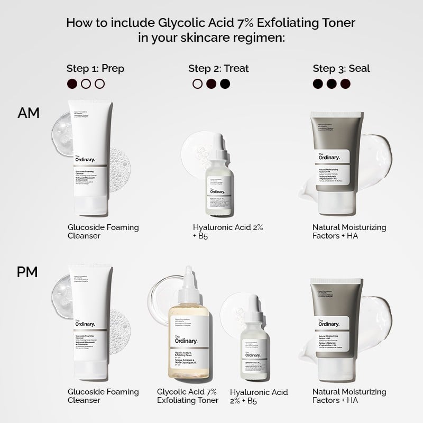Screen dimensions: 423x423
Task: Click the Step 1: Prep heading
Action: pyautogui.click(x=95, y=68)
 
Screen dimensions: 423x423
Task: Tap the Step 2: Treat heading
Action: pyautogui.click(x=218, y=68)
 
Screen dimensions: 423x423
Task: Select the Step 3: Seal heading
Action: pyautogui.click(x=341, y=68)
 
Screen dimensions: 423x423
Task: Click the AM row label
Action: pyautogui.click(x=29, y=113)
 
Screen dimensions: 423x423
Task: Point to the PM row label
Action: pyautogui.click(x=29, y=273)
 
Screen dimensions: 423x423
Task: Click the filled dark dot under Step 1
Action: pyautogui.click(x=72, y=84)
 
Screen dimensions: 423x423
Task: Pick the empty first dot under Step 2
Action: pyautogui.click(x=198, y=84)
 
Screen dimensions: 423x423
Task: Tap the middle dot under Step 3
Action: pyautogui.click(x=332, y=84)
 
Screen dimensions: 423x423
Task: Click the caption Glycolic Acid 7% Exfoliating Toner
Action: pyautogui.click(x=188, y=396)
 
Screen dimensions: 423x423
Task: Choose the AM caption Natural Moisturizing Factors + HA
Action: pyautogui.click(x=349, y=231)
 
